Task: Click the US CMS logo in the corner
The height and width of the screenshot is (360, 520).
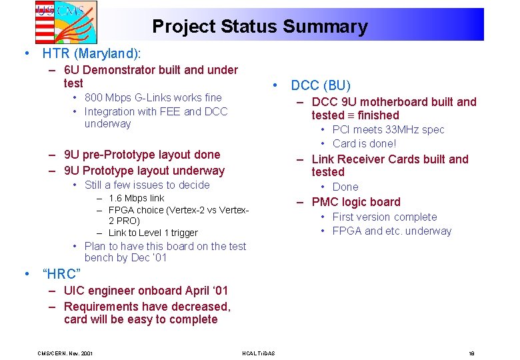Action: click(x=65, y=21)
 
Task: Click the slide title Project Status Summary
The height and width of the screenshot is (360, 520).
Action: click(x=259, y=27)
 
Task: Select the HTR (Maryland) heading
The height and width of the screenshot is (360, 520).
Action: click(x=92, y=53)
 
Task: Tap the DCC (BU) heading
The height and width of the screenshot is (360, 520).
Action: click(x=320, y=85)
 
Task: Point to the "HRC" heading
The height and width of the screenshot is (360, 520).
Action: click(x=61, y=274)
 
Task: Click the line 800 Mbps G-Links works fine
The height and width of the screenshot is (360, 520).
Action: click(x=153, y=98)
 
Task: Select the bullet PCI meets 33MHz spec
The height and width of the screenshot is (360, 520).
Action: click(x=388, y=129)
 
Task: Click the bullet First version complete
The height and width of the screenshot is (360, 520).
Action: click(x=384, y=217)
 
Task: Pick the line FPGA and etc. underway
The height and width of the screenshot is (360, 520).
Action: click(x=391, y=231)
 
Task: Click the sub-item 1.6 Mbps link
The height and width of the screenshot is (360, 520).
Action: click(x=136, y=198)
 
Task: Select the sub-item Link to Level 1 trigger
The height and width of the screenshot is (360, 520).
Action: click(x=153, y=233)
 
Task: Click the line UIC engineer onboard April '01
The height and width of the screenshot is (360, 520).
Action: click(x=145, y=291)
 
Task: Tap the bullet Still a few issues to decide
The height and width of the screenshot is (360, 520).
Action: click(x=147, y=185)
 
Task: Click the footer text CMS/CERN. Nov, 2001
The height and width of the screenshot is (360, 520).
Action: click(x=65, y=353)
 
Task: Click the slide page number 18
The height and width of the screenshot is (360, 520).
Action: click(x=471, y=353)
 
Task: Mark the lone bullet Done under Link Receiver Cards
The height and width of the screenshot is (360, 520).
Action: click(x=345, y=187)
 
